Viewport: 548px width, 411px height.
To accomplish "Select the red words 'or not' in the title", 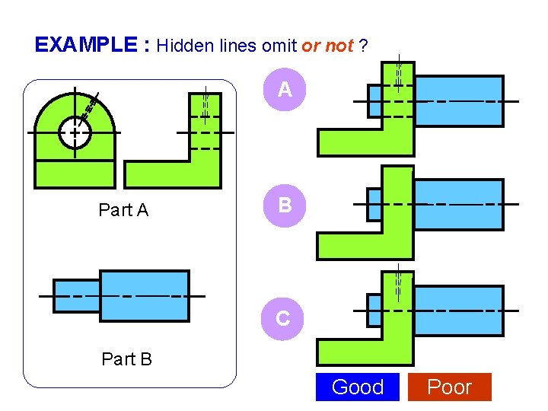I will (327, 46).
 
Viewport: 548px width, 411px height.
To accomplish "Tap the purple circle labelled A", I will (285, 90).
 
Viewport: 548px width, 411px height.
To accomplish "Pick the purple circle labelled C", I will (282, 318).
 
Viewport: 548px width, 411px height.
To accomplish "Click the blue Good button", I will (358, 387).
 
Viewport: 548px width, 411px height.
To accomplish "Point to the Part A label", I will (123, 210).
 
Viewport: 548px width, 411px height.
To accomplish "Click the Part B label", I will (126, 358).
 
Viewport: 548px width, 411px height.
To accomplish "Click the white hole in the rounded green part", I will (75, 132).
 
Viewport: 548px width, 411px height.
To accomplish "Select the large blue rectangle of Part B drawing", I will (145, 295).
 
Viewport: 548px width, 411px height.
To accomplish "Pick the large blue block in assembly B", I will (458, 204).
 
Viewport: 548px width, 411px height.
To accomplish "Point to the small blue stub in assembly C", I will (374, 311).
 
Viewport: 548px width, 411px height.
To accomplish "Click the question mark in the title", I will (365, 46).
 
